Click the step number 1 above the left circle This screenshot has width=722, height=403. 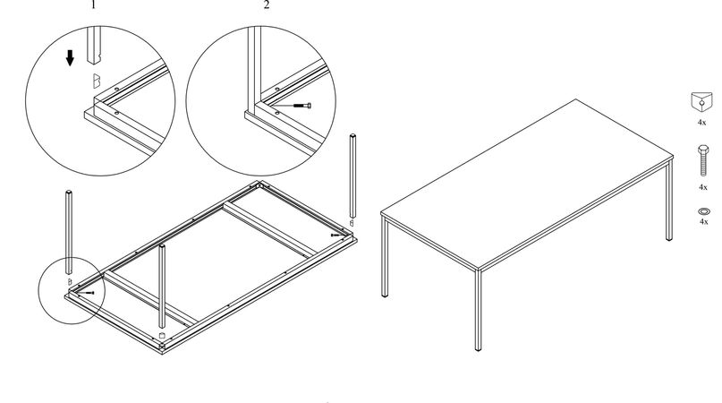tap(92, 4)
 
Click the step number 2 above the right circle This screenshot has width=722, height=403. tap(266, 4)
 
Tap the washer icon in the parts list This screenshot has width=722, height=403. tap(702, 210)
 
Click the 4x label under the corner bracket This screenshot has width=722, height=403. tap(702, 121)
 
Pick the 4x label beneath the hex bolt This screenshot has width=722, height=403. tap(702, 187)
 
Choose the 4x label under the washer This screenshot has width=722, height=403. tap(702, 221)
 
